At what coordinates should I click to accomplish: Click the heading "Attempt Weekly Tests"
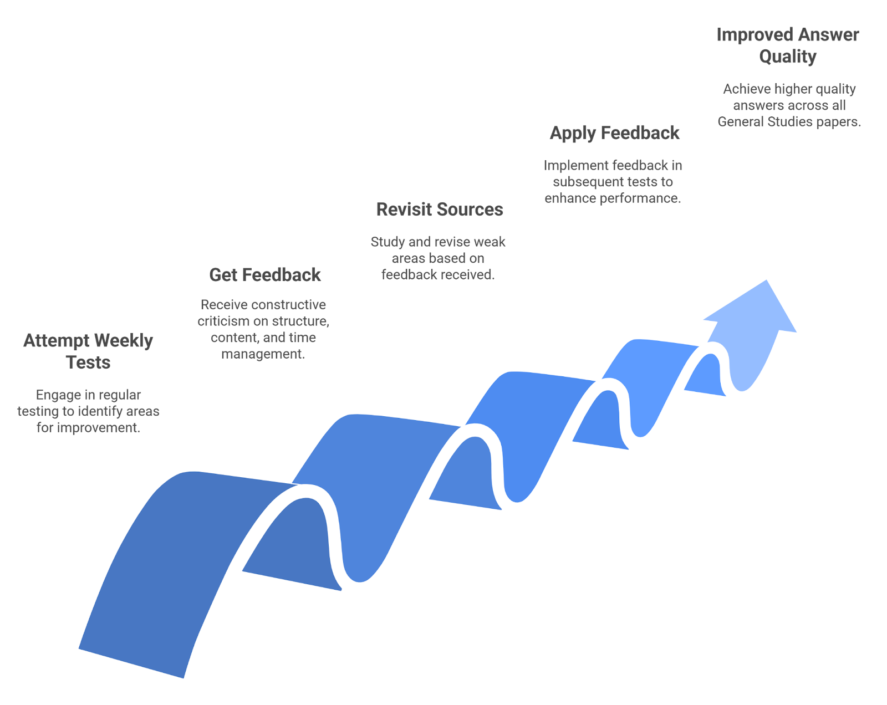point(88,351)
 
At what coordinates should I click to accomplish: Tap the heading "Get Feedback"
point(265,275)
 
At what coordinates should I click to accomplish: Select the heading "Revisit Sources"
point(440,210)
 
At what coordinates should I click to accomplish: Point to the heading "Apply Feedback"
point(614,133)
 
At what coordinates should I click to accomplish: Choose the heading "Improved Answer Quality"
point(787,45)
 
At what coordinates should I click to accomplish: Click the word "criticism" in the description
point(223,321)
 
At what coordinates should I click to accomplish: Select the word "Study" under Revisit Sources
point(388,242)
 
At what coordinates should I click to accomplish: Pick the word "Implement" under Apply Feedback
point(570,166)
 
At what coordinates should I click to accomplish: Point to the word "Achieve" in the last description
point(747,89)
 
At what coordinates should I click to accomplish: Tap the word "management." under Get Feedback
point(263,354)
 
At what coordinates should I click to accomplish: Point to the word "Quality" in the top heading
point(787,57)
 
